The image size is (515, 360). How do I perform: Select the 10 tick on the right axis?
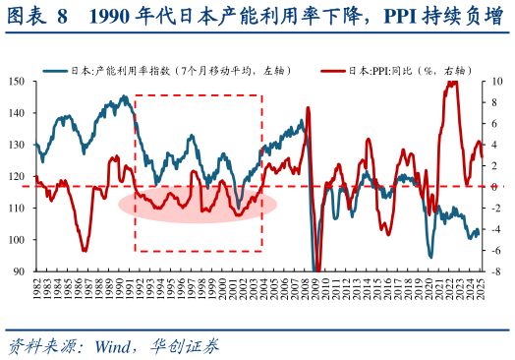[498, 82]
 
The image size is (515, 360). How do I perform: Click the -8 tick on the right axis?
[497, 270]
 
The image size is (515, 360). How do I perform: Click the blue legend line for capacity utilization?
[55, 71]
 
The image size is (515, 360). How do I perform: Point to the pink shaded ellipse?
[198, 204]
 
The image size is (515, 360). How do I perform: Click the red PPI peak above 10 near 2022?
[451, 82]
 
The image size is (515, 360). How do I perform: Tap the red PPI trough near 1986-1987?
[86, 250]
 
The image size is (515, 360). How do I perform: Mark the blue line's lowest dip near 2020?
[429, 257]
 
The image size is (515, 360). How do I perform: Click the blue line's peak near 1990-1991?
[124, 97]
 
